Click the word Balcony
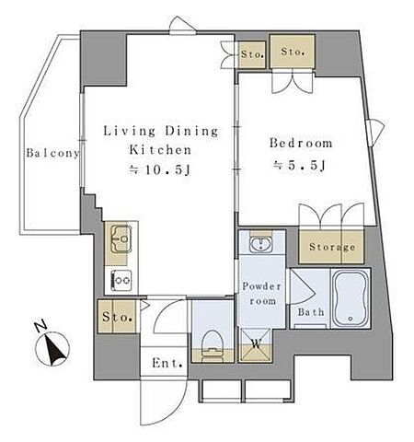(52, 153)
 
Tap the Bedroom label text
(301, 143)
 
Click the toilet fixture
(213, 343)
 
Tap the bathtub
(351, 298)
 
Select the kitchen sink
(121, 239)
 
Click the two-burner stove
(121, 280)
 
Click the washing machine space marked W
(256, 344)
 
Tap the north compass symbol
(52, 349)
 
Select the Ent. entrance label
(167, 364)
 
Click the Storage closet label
(332, 247)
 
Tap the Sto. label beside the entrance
(117, 317)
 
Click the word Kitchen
(160, 150)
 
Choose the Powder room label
(261, 294)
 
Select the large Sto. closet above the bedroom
(293, 52)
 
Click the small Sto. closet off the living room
(252, 54)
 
